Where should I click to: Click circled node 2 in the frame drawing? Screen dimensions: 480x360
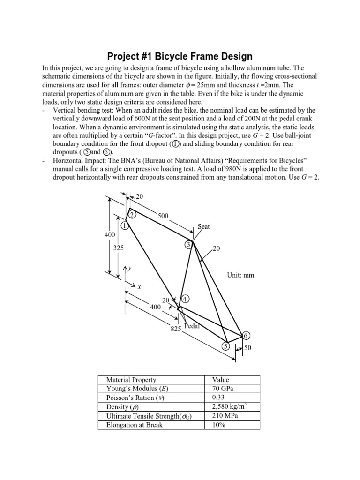click(132, 215)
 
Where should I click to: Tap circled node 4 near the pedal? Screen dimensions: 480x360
click(186, 299)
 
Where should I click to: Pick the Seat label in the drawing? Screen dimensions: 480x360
click(203, 226)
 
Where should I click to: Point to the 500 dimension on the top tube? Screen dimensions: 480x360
click(163, 216)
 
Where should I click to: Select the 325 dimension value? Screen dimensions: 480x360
click(119, 248)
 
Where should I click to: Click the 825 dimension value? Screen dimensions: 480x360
click(176, 329)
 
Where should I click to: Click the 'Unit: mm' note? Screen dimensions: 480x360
click(240, 275)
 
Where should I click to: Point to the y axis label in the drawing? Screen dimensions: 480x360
click(130, 268)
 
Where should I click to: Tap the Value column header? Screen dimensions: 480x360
click(220, 380)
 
